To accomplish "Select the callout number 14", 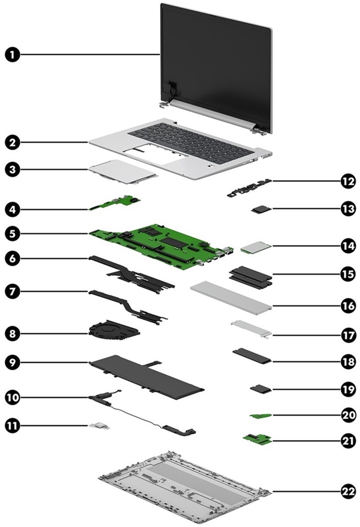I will click(x=348, y=246).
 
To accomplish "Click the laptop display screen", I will click(x=215, y=64).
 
